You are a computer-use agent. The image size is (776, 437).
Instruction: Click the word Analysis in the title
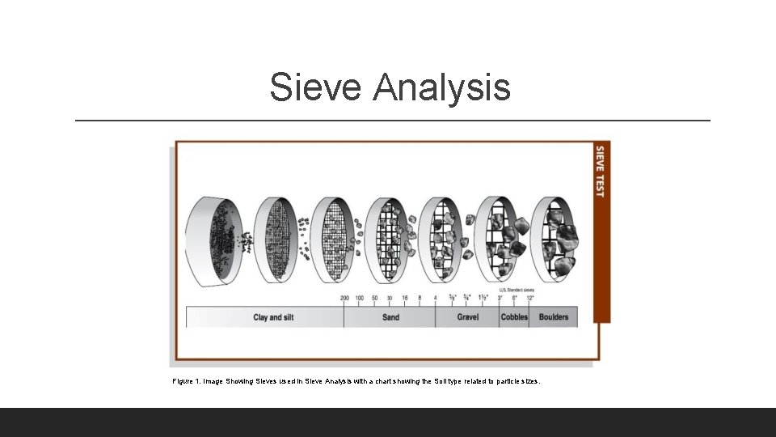pos(441,87)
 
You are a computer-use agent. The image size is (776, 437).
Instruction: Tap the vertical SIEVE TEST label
pos(601,171)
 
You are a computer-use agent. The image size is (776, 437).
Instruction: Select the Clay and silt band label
pos(273,317)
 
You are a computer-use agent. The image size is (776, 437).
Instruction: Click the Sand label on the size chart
pos(390,317)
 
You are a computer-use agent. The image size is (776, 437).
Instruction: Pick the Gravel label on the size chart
pos(468,317)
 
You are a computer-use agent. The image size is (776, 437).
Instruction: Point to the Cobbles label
pos(514,317)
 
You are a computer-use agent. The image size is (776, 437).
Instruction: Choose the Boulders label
pos(554,317)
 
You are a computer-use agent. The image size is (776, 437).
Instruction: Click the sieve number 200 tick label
pos(344,298)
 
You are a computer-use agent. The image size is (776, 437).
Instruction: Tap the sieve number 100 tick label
pos(360,298)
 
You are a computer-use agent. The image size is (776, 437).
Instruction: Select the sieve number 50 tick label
pos(374,298)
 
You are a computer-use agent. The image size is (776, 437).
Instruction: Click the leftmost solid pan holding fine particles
pos(212,240)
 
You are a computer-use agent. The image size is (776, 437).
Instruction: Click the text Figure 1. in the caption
pos(186,380)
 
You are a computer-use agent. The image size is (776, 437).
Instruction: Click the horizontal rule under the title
pos(393,121)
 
